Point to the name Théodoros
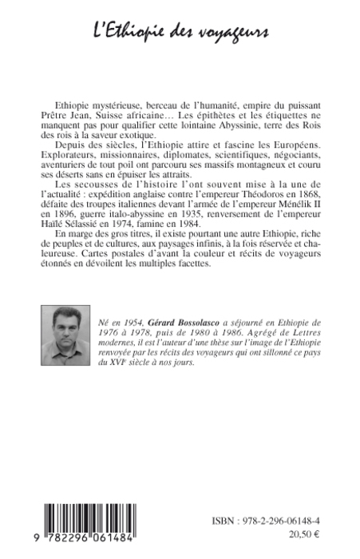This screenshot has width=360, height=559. pyautogui.click(x=244, y=203)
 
